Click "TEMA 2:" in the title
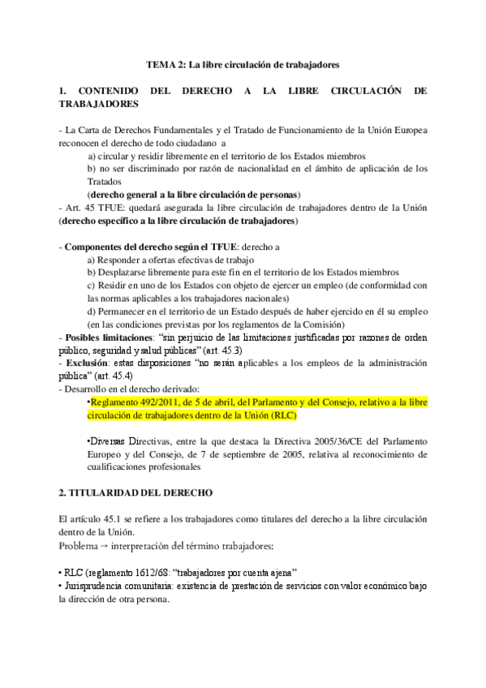pos(165,62)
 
